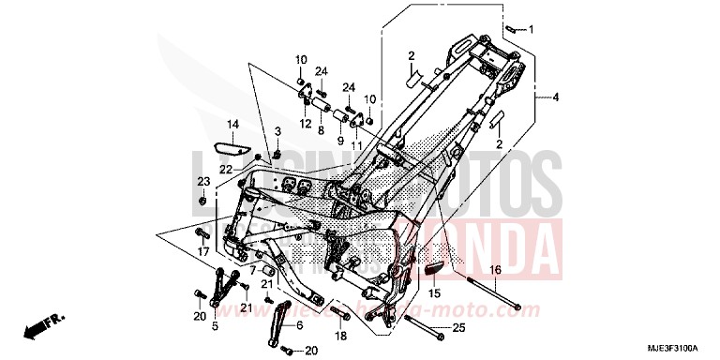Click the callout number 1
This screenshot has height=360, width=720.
(531, 29)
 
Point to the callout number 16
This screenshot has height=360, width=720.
(496, 270)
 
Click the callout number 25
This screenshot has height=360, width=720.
(458, 327)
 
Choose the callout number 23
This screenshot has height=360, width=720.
(202, 181)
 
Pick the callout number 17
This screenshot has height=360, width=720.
(202, 251)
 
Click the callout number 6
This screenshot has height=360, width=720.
(299, 324)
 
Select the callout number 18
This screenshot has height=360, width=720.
(339, 335)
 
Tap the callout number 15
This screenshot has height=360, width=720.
(434, 293)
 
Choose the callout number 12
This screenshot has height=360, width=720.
(306, 124)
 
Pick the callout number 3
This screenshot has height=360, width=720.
(278, 129)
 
